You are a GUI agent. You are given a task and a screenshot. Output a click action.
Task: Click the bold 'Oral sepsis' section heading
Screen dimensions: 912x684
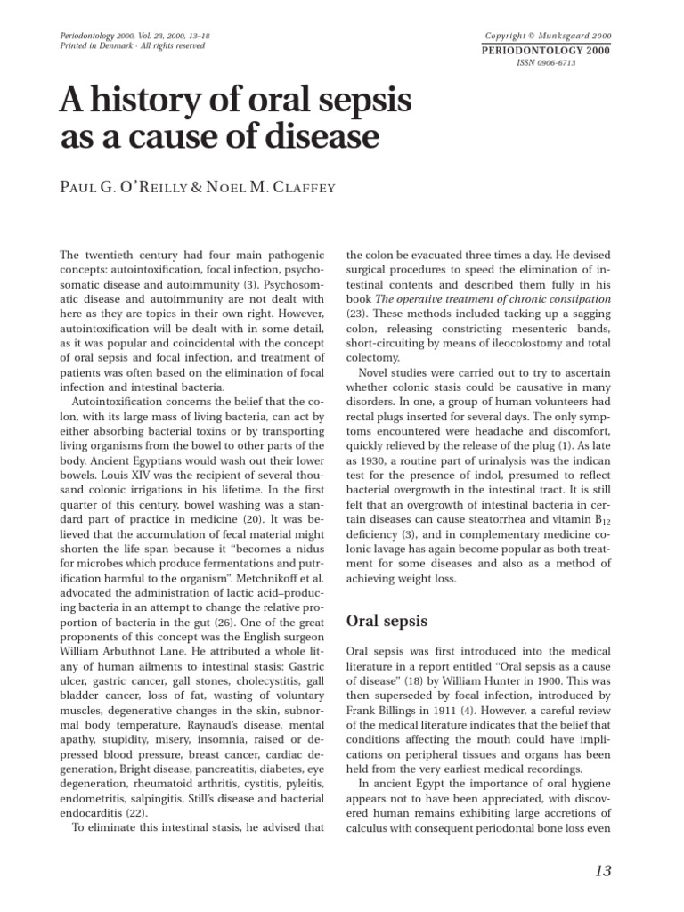[x=387, y=620]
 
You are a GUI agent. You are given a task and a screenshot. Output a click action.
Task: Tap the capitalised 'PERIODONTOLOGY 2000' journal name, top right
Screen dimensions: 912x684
[x=547, y=51]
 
